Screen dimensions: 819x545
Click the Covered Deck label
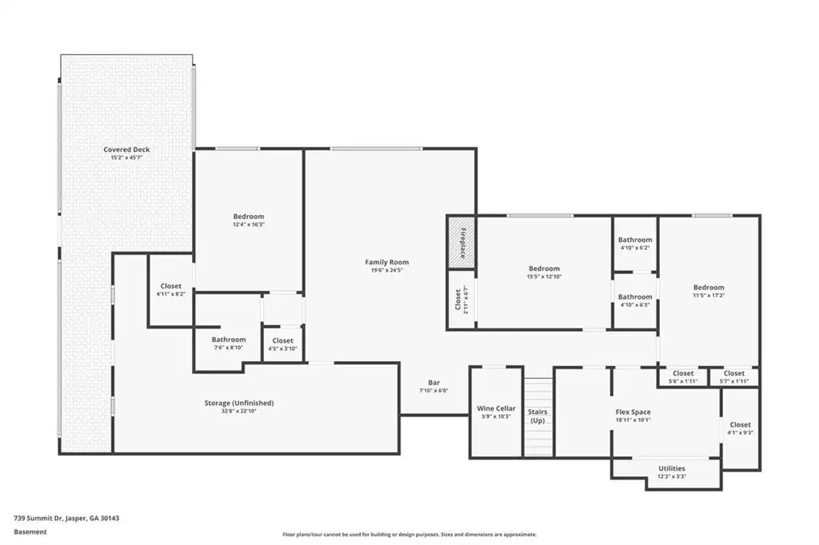(126, 149)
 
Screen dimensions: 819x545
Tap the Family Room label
(386, 262)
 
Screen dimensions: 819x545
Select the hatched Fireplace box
(461, 243)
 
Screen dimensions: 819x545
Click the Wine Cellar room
(496, 412)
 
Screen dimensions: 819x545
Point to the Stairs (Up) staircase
(538, 416)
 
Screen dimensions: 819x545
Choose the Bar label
(433, 383)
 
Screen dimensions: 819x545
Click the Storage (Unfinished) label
(238, 403)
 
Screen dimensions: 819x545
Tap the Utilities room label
(672, 468)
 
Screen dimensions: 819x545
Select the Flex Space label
(633, 412)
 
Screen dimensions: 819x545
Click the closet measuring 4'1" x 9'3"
(741, 428)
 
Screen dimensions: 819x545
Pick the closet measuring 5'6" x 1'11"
(683, 377)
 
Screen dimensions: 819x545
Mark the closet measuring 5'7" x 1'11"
(734, 377)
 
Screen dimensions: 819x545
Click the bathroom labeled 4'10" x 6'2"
(635, 243)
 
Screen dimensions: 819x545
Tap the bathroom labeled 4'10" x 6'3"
(635, 300)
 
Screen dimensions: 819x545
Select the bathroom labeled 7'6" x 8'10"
(228, 343)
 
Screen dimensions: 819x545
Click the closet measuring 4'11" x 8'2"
(171, 290)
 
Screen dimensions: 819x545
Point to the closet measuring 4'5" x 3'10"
(282, 344)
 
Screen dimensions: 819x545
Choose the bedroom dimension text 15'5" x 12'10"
(544, 276)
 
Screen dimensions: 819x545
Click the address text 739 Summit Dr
(38, 519)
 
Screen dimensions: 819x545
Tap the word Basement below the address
(30, 532)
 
